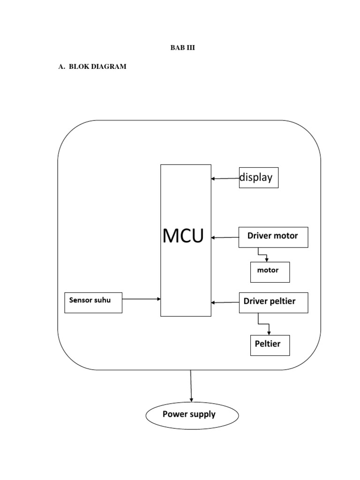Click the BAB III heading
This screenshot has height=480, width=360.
[182, 48]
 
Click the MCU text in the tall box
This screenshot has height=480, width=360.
[183, 236]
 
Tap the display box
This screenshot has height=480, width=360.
[259, 178]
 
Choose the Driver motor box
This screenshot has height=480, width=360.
[273, 237]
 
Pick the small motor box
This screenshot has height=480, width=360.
[270, 272]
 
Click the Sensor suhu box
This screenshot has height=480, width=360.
[93, 302]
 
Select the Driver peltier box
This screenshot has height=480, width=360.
[274, 302]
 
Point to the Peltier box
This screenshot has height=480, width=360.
[270, 345]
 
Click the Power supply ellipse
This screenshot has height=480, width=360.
[192, 415]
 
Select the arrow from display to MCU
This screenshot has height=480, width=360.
[225, 178]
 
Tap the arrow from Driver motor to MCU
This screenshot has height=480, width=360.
[225, 238]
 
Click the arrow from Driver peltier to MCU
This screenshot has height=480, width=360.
[225, 302]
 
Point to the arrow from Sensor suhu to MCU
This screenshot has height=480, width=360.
[141, 299]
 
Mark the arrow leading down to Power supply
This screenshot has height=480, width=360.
[191, 386]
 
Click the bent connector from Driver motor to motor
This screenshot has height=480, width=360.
[263, 255]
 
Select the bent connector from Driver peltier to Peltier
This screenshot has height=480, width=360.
[264, 323]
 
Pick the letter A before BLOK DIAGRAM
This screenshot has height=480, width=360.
[60, 67]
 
